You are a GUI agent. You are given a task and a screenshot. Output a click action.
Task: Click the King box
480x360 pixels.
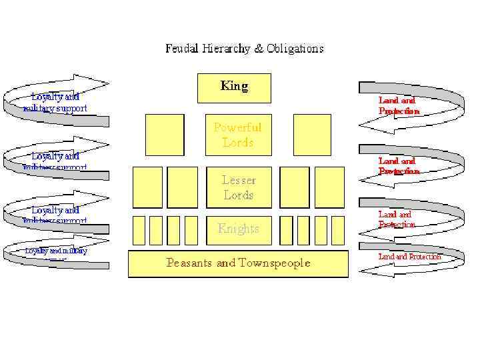point(234,87)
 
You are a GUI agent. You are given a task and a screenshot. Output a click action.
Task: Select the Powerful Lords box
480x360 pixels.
point(237,134)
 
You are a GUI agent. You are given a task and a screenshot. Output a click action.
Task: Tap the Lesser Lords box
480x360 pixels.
point(238,187)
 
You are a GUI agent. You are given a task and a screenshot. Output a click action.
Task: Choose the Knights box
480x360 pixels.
point(238,229)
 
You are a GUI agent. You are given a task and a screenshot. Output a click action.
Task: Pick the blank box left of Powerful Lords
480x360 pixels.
point(164,134)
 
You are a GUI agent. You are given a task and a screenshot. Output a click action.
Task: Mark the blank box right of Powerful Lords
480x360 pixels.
point(312,134)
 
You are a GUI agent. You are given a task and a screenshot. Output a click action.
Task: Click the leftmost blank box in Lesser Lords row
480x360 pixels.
point(147,187)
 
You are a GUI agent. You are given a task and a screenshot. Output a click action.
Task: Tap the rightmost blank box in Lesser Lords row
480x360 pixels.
point(329,187)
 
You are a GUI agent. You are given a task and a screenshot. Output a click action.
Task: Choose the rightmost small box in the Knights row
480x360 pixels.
point(338,230)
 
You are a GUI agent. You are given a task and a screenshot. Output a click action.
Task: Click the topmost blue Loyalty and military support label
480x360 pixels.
point(55,102)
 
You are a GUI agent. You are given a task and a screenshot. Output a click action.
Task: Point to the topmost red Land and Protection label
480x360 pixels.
point(398,105)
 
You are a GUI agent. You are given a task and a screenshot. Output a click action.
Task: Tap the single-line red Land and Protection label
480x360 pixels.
point(409,257)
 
